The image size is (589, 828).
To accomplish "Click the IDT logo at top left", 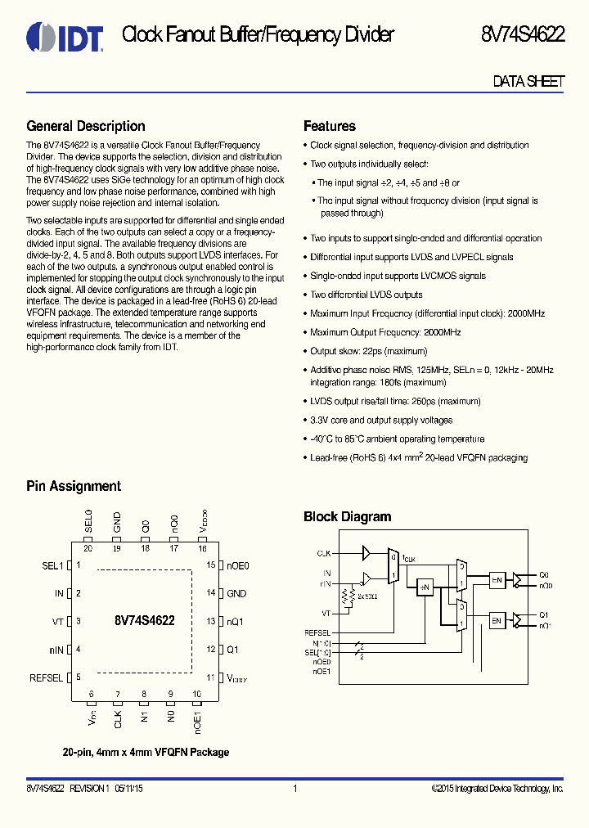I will (x=65, y=36).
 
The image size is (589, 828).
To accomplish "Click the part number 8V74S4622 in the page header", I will (x=523, y=34).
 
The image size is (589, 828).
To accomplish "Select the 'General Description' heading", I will (x=86, y=126).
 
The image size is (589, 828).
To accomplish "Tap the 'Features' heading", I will (x=329, y=126).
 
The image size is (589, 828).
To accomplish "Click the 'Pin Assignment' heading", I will (x=74, y=486).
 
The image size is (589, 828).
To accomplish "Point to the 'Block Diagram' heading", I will (x=347, y=516).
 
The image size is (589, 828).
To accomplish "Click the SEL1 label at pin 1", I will (x=52, y=565).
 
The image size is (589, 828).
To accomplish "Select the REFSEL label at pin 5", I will (x=46, y=678).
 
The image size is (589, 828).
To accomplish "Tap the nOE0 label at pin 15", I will (x=237, y=565).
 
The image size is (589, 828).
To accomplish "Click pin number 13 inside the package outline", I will (x=210, y=622).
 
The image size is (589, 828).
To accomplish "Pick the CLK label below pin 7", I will (x=118, y=720).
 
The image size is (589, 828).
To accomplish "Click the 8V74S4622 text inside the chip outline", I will (x=145, y=621).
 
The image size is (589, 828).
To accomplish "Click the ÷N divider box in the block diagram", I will (x=425, y=587).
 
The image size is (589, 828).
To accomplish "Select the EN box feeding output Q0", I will (x=497, y=580).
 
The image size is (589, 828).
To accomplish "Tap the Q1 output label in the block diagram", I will (x=544, y=614).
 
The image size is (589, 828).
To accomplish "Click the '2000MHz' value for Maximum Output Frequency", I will (x=442, y=332).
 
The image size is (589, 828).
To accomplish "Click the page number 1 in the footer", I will (x=294, y=789).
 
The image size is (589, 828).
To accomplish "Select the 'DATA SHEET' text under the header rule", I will (x=528, y=82).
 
